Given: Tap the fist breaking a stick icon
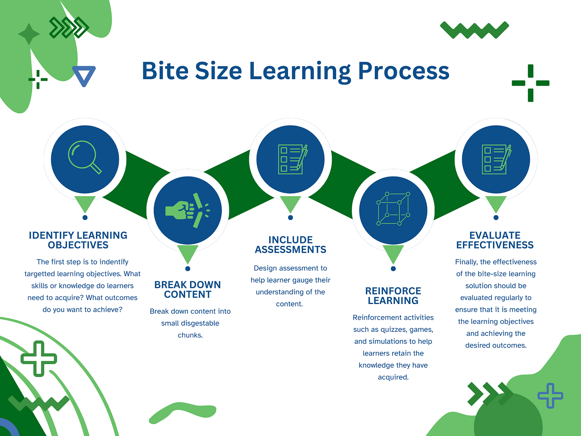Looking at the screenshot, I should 188,210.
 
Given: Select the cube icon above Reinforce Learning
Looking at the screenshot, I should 393,209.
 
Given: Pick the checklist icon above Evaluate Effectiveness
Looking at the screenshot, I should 496,159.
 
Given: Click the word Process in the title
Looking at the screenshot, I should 403,71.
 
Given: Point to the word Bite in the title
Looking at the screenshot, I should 165,71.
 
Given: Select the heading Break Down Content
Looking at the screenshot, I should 188,289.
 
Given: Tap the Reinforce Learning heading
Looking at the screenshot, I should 393,296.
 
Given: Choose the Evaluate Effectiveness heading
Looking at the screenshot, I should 495,240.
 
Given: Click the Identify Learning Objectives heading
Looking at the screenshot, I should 78,240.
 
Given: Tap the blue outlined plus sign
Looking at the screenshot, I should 550,395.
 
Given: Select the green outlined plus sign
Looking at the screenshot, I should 39,358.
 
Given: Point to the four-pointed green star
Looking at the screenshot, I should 29,34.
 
